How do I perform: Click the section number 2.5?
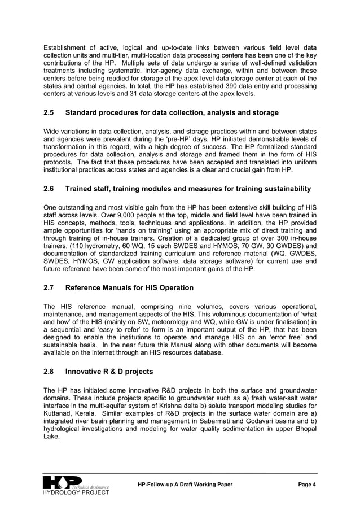50,113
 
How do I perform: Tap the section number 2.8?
50,372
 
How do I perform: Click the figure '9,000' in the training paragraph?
113,215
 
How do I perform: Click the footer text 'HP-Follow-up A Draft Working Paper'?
185,485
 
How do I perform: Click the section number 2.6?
50,189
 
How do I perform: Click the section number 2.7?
50,288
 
